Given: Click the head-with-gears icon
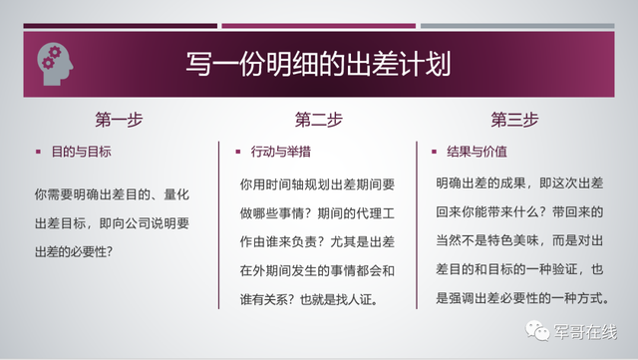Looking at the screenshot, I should pos(56,62).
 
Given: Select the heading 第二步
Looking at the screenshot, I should pos(318,121).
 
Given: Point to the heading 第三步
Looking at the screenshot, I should pos(514,121).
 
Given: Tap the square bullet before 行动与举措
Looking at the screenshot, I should pos(239,154).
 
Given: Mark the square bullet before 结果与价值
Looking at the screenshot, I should pos(435,154).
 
